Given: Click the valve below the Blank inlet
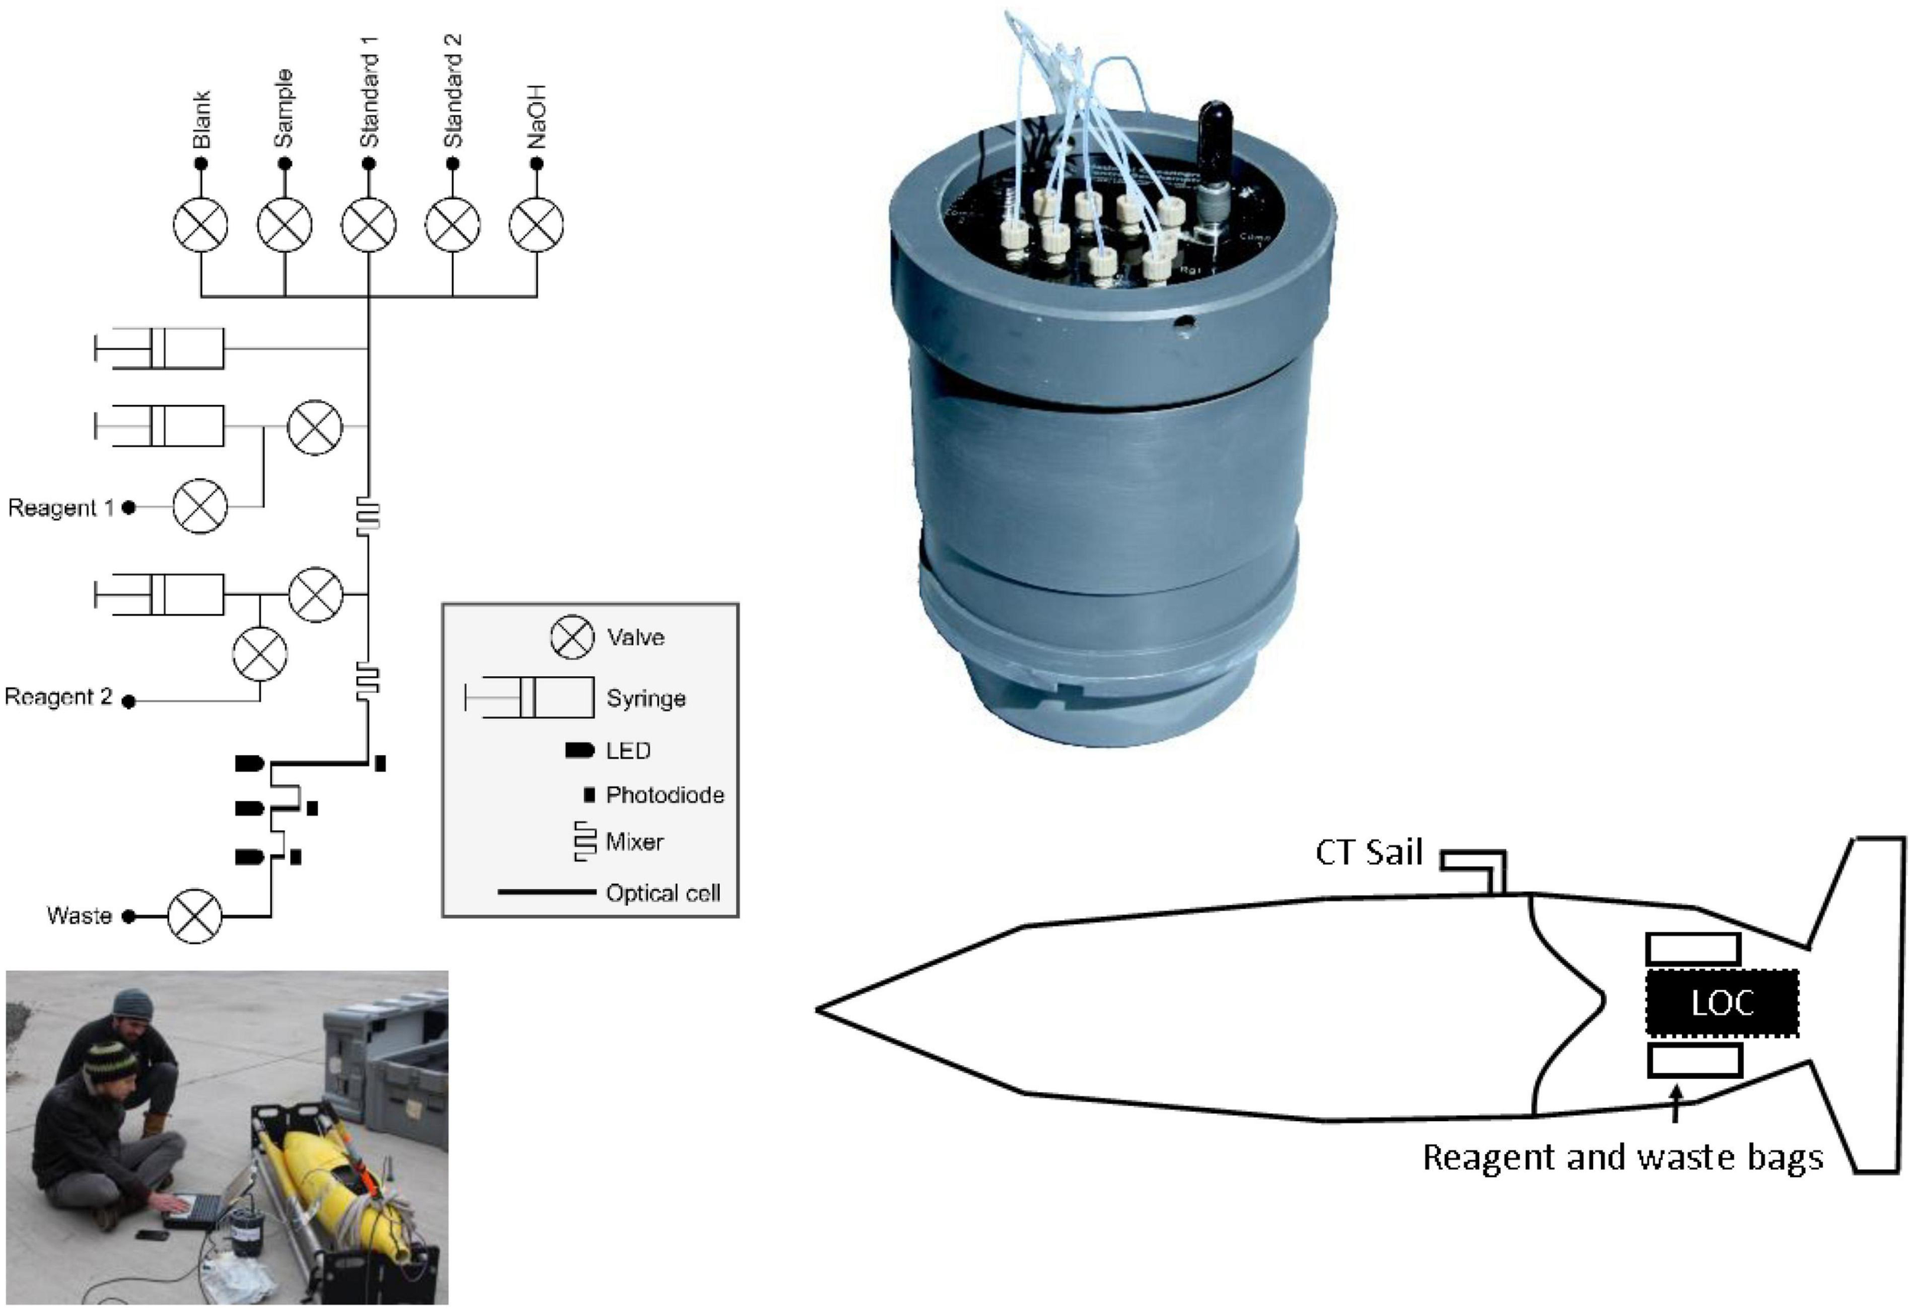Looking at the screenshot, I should click(200, 225).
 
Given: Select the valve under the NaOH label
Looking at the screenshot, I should click(536, 225).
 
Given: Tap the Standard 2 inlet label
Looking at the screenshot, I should click(452, 90).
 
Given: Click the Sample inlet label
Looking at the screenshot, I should click(283, 109).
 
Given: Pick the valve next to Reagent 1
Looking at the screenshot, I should click(200, 507).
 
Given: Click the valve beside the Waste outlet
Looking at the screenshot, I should click(195, 915).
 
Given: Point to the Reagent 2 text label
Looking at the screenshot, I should click(57, 697).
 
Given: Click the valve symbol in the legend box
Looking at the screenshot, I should click(572, 637).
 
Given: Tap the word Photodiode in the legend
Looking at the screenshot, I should click(665, 795).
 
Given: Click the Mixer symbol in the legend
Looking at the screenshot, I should click(585, 842).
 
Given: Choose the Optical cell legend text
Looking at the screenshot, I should click(662, 893).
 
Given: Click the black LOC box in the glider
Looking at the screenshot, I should click(1721, 1003).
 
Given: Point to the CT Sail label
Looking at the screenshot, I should click(1369, 853).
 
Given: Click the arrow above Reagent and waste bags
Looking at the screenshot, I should click(1675, 1105).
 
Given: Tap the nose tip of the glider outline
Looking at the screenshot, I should click(818, 1009).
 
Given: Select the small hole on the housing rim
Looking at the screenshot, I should click(1185, 323).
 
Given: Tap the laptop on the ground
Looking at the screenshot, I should click(194, 1211).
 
